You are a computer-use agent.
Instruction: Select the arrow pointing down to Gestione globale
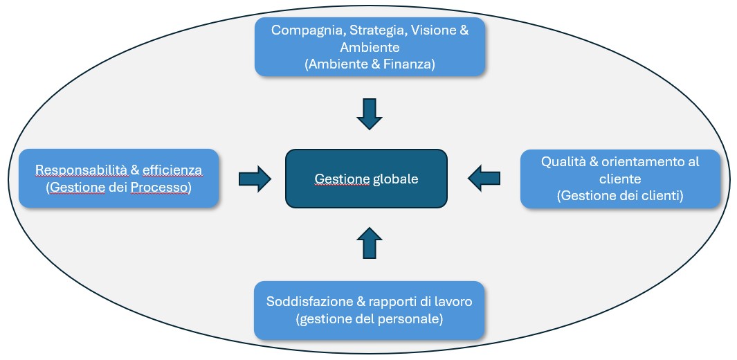[x=369, y=114]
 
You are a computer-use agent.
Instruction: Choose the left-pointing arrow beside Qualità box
[x=484, y=178]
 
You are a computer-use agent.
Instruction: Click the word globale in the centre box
[x=396, y=179]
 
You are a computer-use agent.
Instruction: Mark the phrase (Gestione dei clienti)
[x=620, y=196]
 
